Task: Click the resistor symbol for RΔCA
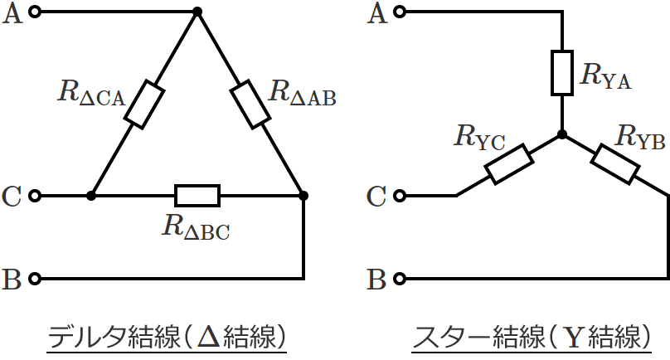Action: [143, 104]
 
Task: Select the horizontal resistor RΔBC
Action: [197, 196]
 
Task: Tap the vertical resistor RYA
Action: [562, 73]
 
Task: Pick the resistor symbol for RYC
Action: [507, 164]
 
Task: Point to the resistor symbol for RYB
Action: [614, 163]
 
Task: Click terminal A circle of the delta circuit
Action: [35, 12]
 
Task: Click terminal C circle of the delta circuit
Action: [35, 196]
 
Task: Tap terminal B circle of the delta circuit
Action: [35, 277]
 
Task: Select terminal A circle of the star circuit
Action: [400, 12]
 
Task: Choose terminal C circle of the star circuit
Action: [400, 196]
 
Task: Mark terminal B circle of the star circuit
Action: [400, 277]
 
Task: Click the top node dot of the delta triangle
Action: [197, 12]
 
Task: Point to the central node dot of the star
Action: [562, 134]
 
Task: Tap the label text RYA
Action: [605, 76]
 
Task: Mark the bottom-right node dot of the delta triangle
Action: [303, 196]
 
